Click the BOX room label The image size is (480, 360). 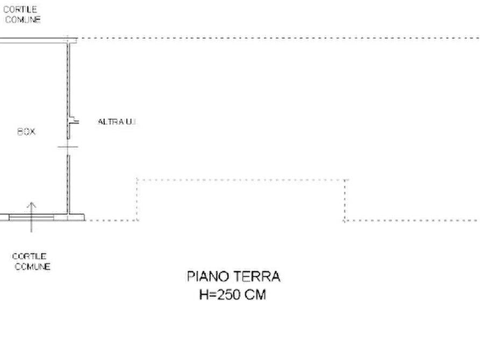pyautogui.click(x=26, y=132)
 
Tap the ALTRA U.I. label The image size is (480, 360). pyautogui.click(x=117, y=122)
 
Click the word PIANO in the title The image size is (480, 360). pyautogui.click(x=207, y=276)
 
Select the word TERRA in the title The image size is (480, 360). pyautogui.click(x=257, y=276)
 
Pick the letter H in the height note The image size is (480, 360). pyautogui.click(x=204, y=295)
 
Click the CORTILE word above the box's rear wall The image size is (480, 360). pyautogui.click(x=20, y=10)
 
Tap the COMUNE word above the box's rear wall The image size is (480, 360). pyautogui.click(x=23, y=19)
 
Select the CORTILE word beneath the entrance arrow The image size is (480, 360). pyautogui.click(x=30, y=256)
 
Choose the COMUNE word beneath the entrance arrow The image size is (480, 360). pyautogui.click(x=32, y=267)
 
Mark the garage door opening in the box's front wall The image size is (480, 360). pyautogui.click(x=31, y=218)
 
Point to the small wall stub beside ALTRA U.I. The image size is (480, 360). pyautogui.click(x=74, y=121)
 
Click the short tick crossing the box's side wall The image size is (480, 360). pyautogui.click(x=68, y=147)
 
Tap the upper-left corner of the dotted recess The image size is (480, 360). pyautogui.click(x=137, y=180)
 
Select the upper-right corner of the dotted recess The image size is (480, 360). pyautogui.click(x=345, y=180)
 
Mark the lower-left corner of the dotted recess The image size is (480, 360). pyautogui.click(x=137, y=220)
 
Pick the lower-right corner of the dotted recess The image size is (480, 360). pyautogui.click(x=345, y=220)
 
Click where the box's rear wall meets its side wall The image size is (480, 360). pyautogui.click(x=68, y=40)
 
